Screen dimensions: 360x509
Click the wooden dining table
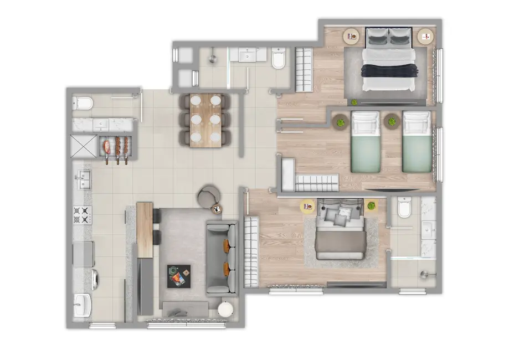click(205, 120)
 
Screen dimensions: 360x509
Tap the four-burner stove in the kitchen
click(82, 214)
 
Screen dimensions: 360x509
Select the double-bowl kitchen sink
click(84, 178)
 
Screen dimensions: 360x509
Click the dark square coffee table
click(178, 276)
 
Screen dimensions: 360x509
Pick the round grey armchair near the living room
click(209, 195)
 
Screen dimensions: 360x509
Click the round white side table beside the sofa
click(226, 309)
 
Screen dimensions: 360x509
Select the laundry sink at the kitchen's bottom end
click(84, 305)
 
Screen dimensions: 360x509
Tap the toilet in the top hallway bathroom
click(279, 58)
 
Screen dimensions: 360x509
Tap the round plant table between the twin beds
click(392, 120)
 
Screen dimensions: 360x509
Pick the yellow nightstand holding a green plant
click(371, 206)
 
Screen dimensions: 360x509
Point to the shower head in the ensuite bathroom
click(424, 274)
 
